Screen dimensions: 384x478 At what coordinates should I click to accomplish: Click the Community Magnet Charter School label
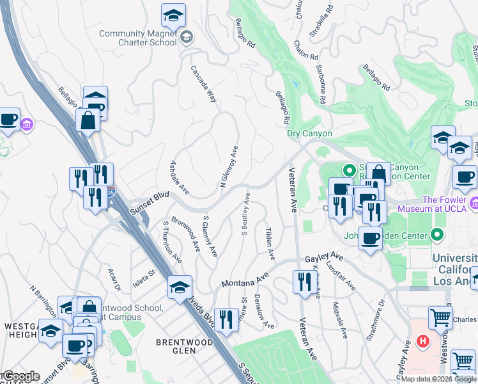137,38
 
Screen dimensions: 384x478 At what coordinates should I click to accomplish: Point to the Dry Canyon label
309,133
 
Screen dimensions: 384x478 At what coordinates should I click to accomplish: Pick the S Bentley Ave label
245,218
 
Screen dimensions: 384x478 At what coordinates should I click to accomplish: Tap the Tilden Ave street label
270,243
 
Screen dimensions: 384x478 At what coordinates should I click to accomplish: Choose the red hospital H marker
422,341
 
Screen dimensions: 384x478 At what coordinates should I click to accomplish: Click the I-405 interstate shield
112,191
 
